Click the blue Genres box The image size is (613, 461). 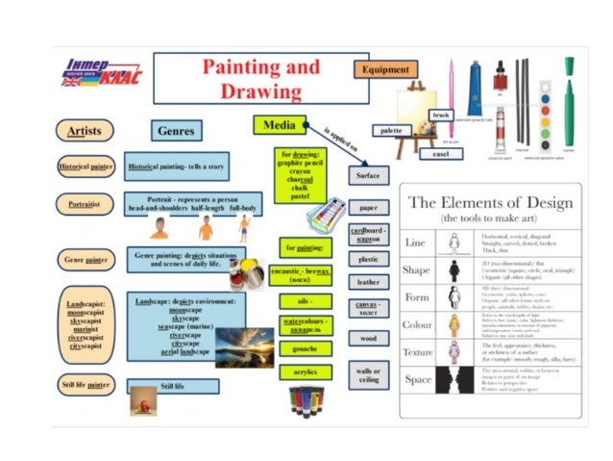point(177,130)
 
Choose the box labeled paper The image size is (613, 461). point(368,207)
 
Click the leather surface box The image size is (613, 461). point(368,282)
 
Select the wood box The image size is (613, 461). point(368,338)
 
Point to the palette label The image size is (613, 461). point(390,130)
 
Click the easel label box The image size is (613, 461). point(441,154)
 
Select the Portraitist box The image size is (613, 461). point(85,204)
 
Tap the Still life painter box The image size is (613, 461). point(86,385)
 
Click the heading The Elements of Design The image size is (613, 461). point(490,202)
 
